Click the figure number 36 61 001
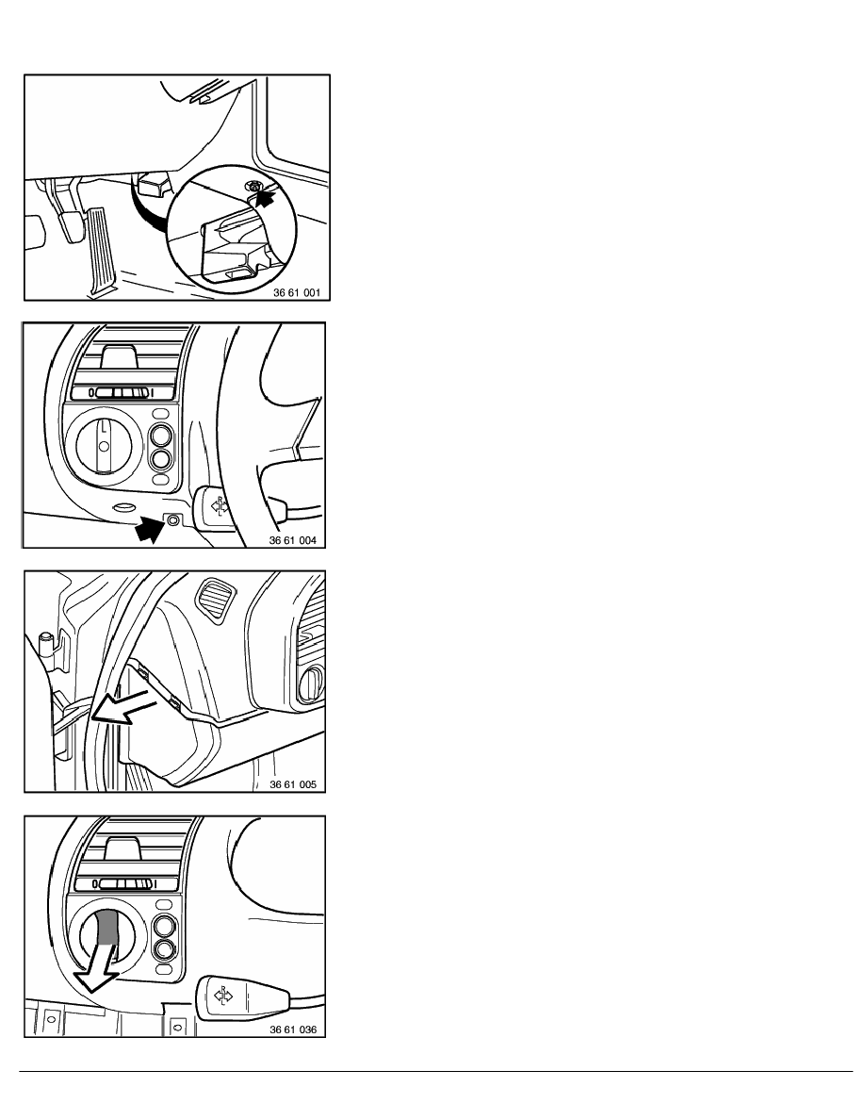(297, 293)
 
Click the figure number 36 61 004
(293, 541)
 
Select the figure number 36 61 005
(293, 784)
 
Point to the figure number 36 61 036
(293, 1029)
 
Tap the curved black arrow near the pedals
(146, 208)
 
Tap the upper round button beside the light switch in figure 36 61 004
(161, 435)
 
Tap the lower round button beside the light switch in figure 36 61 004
(161, 458)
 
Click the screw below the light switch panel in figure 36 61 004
(172, 520)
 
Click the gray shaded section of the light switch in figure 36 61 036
(105, 927)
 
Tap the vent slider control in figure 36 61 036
(122, 883)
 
